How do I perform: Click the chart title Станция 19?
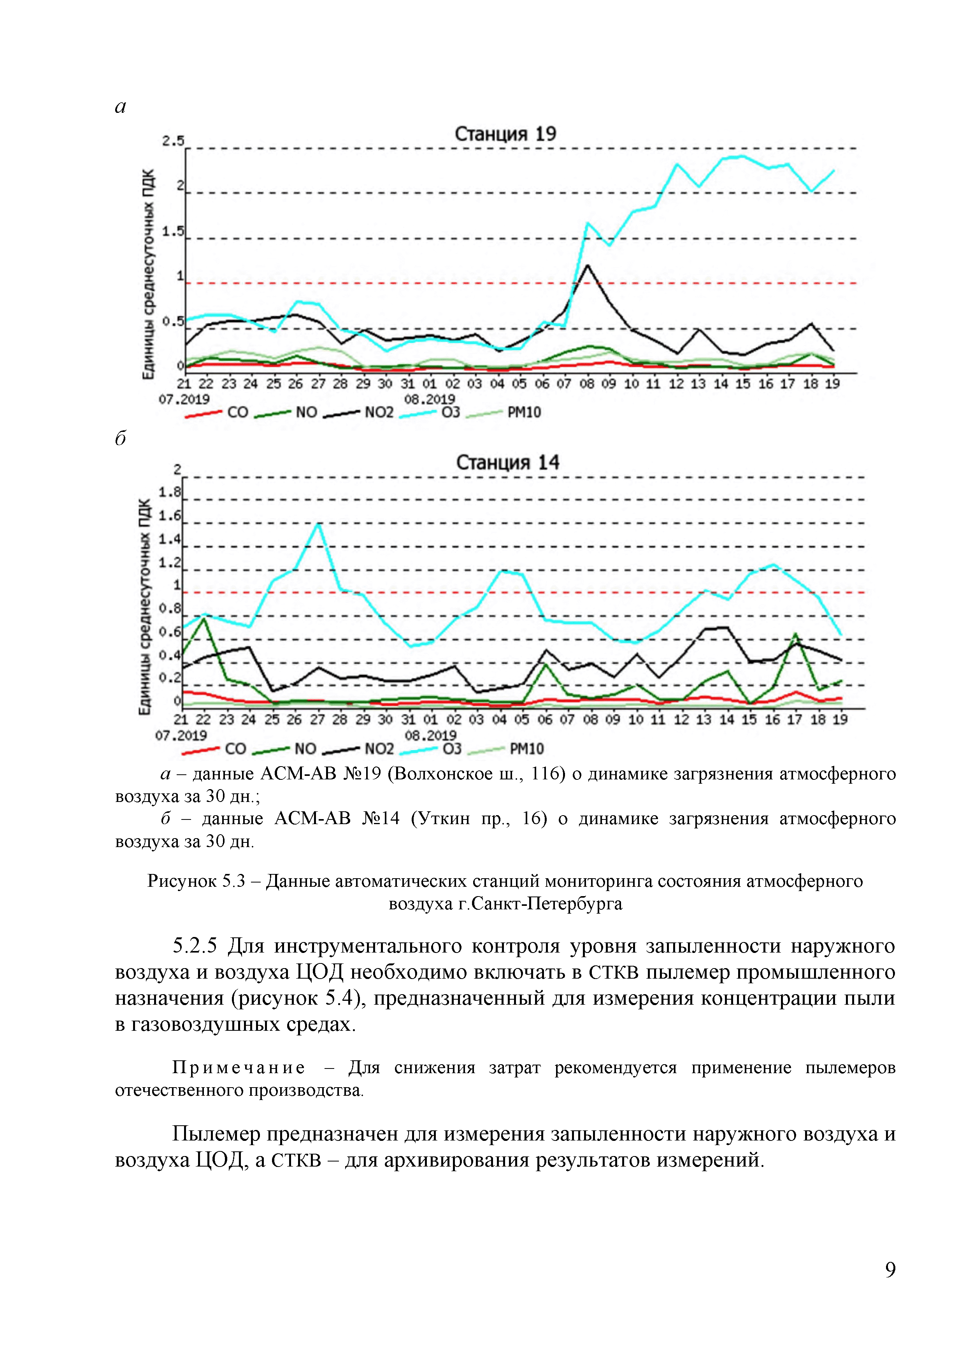tap(505, 134)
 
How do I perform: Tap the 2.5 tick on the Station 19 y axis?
tap(173, 141)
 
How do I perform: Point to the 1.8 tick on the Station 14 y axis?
tap(169, 492)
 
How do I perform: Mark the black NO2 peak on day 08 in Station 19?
tap(588, 266)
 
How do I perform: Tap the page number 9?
tap(890, 1270)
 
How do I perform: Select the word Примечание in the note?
tap(239, 1068)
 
